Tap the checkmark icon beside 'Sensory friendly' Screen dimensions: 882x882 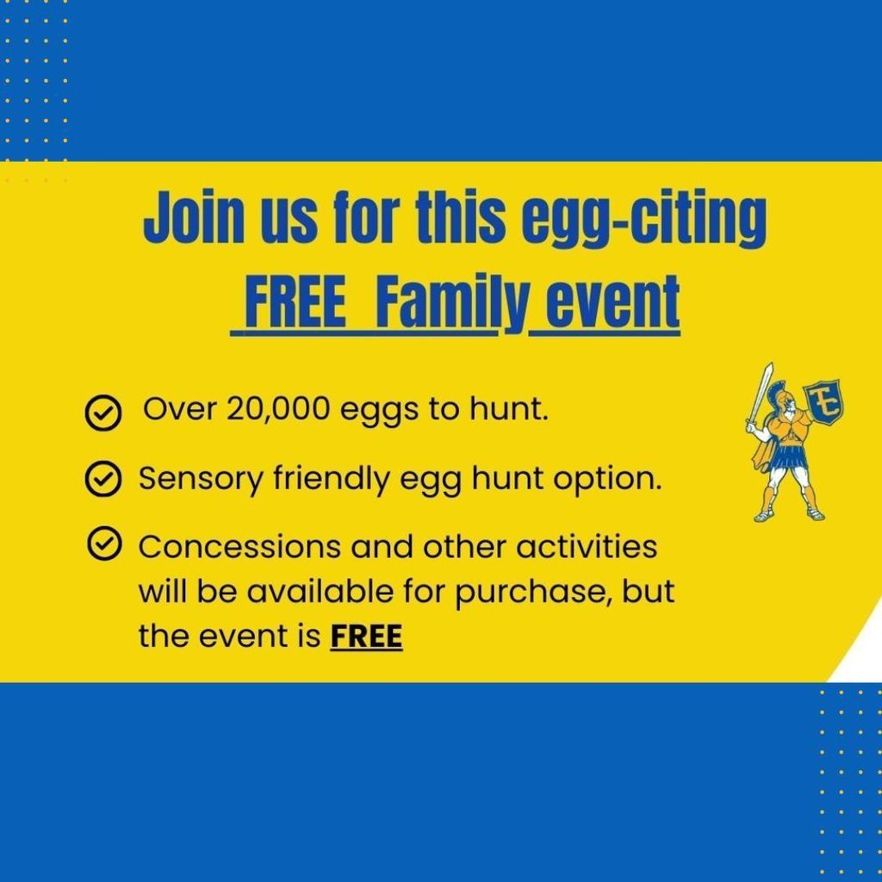click(102, 479)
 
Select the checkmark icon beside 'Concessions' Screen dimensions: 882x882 click(104, 544)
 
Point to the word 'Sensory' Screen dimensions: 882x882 click(201, 480)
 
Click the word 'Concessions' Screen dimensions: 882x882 click(239, 547)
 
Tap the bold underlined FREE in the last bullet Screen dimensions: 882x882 click(366, 637)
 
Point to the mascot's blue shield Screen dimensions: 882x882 click(825, 401)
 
